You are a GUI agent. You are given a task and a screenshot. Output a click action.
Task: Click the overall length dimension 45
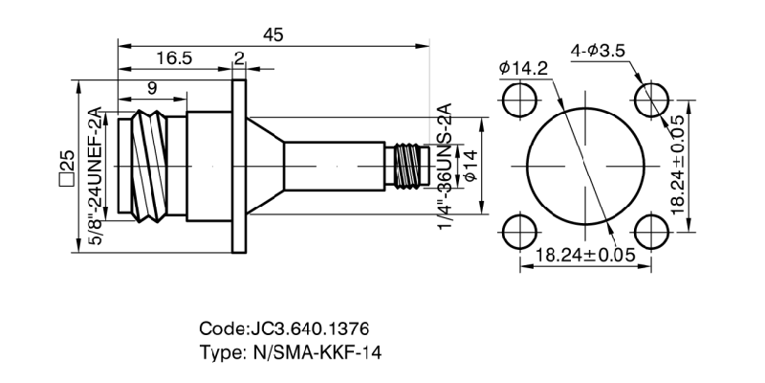coord(273,34)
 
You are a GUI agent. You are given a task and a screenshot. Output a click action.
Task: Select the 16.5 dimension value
coord(174,58)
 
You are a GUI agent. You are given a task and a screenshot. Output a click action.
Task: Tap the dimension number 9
coord(153,88)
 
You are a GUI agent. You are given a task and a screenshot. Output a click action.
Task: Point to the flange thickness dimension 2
coord(238,58)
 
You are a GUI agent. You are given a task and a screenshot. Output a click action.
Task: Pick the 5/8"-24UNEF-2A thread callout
coord(95,179)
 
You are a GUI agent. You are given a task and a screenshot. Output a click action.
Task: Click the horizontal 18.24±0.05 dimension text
coord(586,255)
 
